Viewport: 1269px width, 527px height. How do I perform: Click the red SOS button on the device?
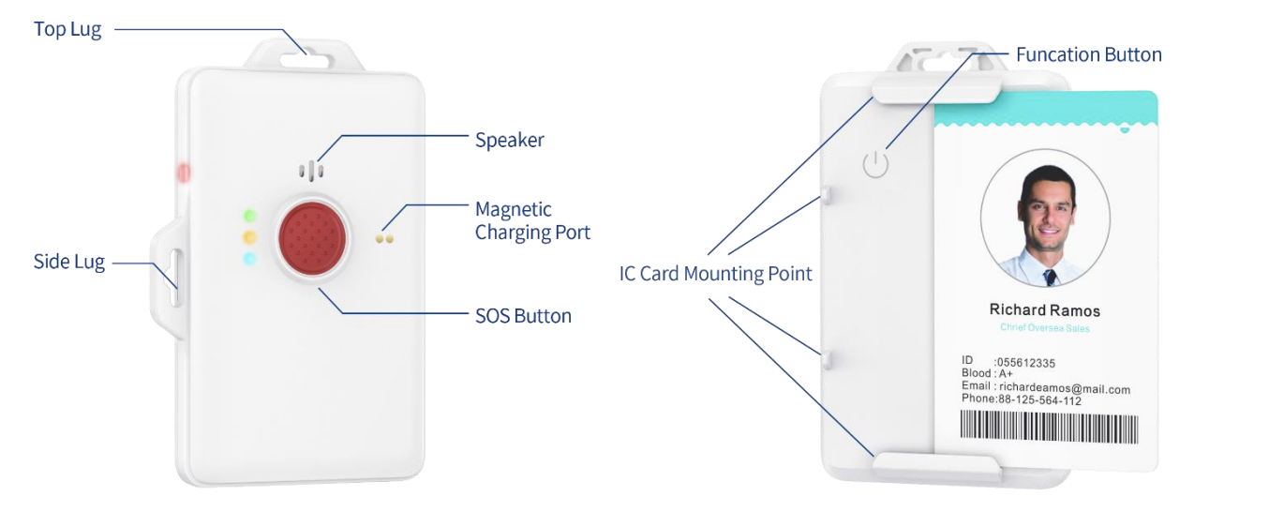[x=312, y=233]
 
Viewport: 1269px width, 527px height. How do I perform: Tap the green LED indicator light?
[x=249, y=215]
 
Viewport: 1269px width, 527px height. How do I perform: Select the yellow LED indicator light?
[x=249, y=236]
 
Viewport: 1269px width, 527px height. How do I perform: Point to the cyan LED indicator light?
[x=249, y=258]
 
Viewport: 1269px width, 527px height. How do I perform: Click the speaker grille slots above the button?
[x=311, y=171]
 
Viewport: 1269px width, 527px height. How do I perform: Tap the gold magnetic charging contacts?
[x=385, y=238]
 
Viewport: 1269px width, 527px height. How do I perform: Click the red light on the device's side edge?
[x=183, y=173]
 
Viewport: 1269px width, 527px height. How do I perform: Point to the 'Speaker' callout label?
[x=509, y=140]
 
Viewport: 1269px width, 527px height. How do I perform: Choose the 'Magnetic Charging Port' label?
[x=532, y=220]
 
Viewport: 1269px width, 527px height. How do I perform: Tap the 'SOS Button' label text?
[x=523, y=316]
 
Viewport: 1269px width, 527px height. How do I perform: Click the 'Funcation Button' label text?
[x=1088, y=54]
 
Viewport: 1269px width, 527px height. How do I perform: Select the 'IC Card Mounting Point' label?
[x=715, y=274]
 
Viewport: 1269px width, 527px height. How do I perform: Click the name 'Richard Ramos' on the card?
[x=1044, y=310]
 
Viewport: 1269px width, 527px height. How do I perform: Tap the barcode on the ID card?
[x=1049, y=428]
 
